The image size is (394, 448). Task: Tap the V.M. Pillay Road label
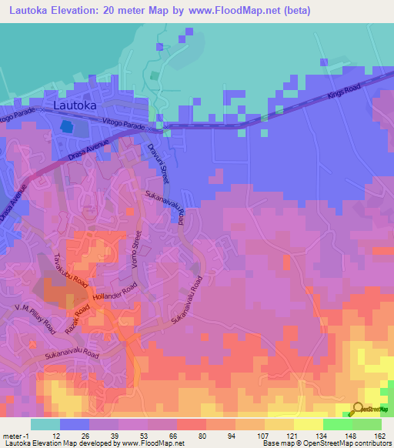[x=35, y=317]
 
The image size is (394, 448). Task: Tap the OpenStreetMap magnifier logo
[x=357, y=410]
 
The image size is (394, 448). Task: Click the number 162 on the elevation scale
[x=379, y=435]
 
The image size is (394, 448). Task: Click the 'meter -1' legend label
[x=16, y=435]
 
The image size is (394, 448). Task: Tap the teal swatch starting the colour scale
[x=45, y=424]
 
